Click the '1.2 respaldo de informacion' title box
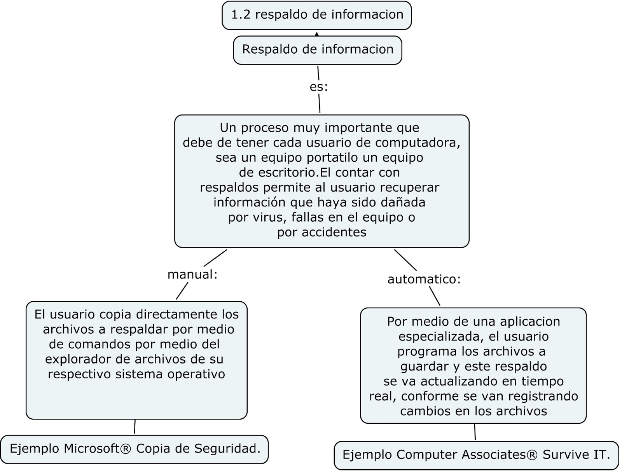316,15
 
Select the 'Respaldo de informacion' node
317,50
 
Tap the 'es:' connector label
318,87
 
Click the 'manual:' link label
192,274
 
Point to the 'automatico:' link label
424,279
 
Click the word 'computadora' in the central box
418,143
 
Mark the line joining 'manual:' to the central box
215,258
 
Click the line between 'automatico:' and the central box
405,260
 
